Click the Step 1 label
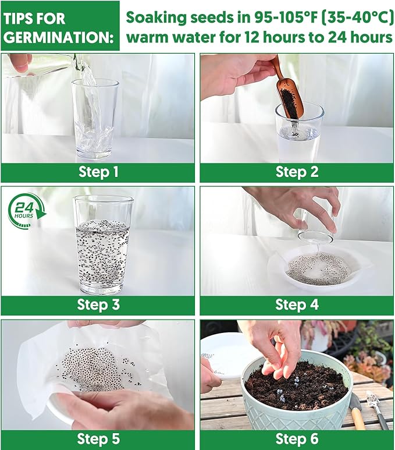[x=98, y=172]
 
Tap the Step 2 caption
[x=297, y=172]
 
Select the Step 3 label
[x=98, y=304]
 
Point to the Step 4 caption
[x=297, y=304]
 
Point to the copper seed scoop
[x=287, y=86]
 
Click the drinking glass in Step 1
[x=95, y=116]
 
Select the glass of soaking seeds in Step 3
[x=103, y=245]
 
